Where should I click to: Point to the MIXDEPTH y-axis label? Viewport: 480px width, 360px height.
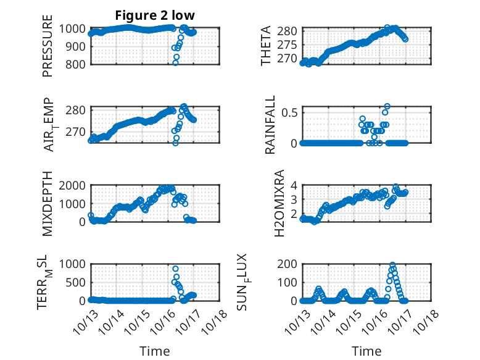coord(48,203)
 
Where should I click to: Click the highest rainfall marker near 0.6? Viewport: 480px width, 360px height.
coord(387,106)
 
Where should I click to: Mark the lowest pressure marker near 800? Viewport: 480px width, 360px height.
coord(175,63)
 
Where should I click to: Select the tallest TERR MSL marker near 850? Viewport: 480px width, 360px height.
coord(175,269)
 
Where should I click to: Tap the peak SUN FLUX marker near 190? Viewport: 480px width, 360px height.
coord(392,266)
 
